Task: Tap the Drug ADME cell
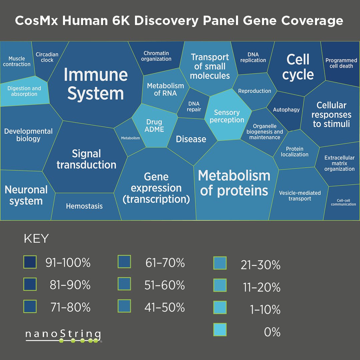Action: coord(154,126)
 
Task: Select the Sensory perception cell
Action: coord(227,116)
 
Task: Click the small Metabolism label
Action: coord(130,138)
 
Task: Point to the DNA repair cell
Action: coord(194,107)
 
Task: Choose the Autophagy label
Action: coord(286,110)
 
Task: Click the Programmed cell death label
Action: coord(341,63)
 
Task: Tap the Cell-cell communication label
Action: coord(343,202)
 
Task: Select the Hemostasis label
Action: coord(84,206)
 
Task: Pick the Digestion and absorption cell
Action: coord(24,91)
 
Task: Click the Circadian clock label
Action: coord(47,57)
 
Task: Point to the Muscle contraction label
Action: coord(17,61)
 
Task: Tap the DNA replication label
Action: coord(253,57)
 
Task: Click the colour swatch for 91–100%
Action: coord(30,262)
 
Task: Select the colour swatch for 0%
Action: coord(220,330)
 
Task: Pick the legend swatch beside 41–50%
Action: coord(124,306)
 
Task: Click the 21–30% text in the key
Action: coord(261,265)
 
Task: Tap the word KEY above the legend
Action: coord(36,239)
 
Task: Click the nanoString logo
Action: coord(63,335)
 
